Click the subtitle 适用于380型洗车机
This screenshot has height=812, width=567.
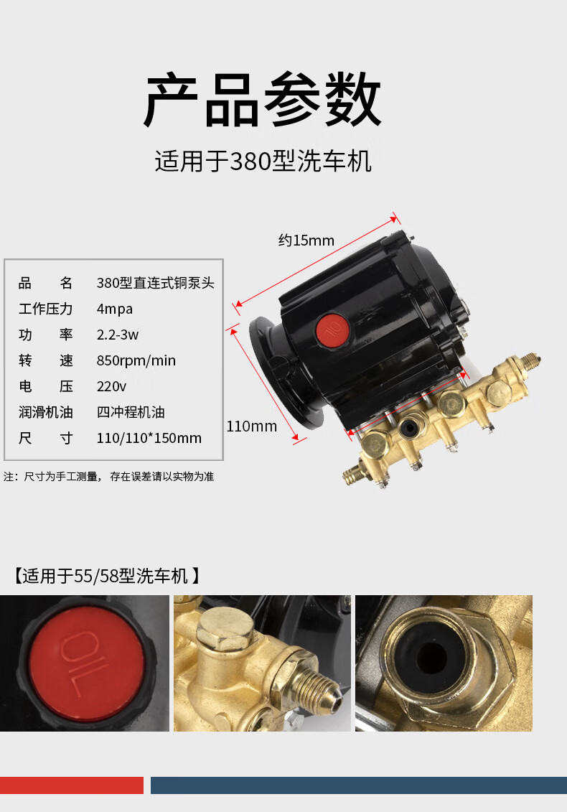point(263,162)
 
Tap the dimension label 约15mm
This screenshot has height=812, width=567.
point(306,241)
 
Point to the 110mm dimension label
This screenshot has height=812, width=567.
point(251,426)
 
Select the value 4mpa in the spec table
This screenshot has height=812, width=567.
point(115,309)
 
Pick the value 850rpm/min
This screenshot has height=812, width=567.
point(136,360)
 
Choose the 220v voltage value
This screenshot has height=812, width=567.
point(111,386)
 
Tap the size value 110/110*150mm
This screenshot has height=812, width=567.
point(149,438)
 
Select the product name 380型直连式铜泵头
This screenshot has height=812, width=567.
point(155,283)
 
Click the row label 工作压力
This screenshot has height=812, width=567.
point(46,309)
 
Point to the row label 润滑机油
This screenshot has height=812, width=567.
point(46,412)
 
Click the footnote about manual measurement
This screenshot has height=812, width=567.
point(109,476)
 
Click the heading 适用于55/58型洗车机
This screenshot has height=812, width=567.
point(106,576)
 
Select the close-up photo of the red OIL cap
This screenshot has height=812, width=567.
point(85,663)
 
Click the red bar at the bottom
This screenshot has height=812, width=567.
point(72,785)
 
